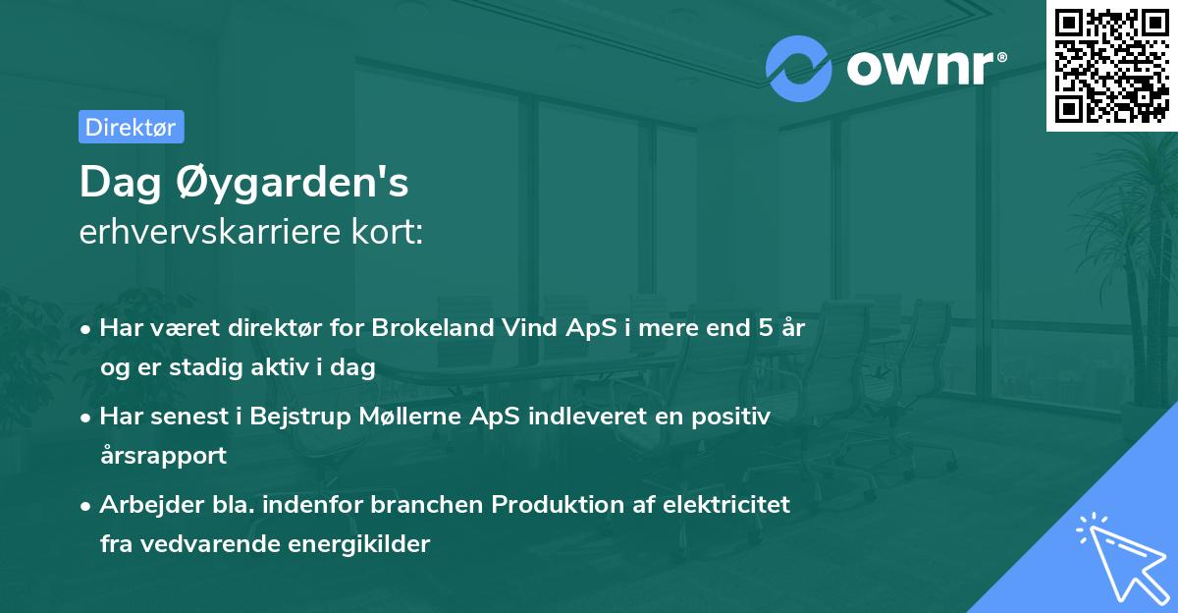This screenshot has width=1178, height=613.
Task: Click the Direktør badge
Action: pos(131,127)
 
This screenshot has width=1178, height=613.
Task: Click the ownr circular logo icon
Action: pos(798,68)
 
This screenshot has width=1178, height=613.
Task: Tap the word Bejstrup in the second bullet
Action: pos(297,417)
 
